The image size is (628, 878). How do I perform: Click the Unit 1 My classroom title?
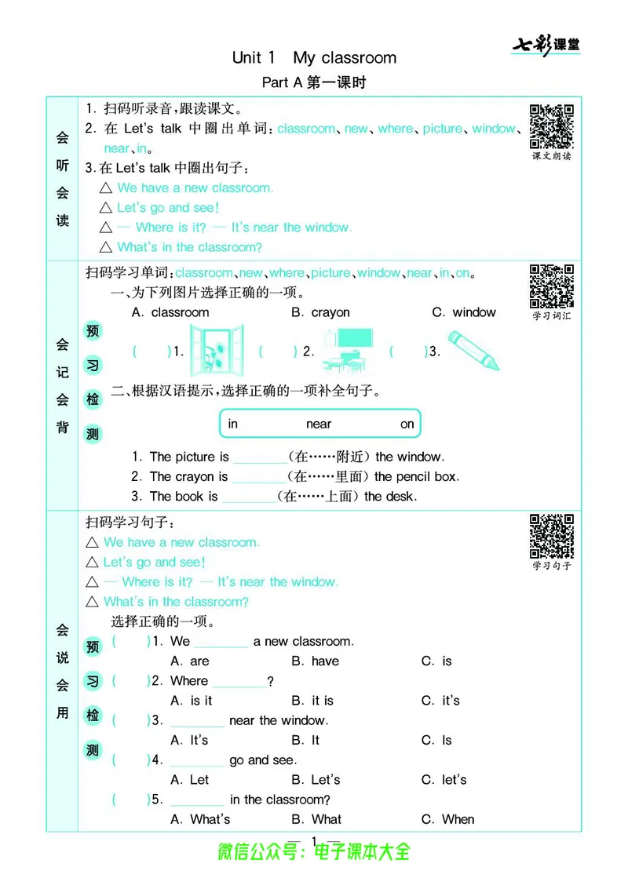pos(314,57)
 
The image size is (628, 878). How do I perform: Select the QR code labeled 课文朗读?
pos(551,126)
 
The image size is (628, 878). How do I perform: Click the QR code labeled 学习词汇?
pos(551,286)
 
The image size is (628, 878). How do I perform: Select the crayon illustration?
pos(473,350)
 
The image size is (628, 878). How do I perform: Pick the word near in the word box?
pos(319,424)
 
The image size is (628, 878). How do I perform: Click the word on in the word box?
pos(407,424)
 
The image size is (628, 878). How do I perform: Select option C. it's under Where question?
pos(440,701)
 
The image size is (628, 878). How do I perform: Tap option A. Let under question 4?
pos(189,780)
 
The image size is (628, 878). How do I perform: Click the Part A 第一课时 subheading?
pos(314,82)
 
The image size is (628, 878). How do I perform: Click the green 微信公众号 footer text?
pos(314,851)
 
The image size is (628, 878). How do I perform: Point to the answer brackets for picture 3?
pos(409,352)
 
